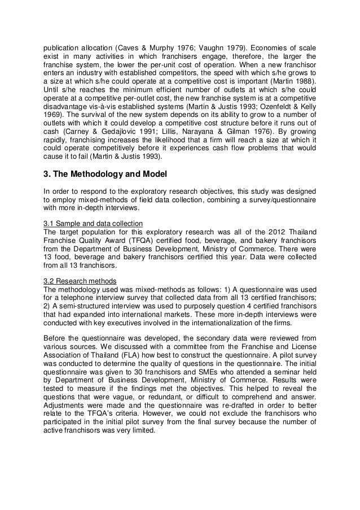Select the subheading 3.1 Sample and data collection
coord(89,221)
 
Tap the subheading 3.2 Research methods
coord(80,281)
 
